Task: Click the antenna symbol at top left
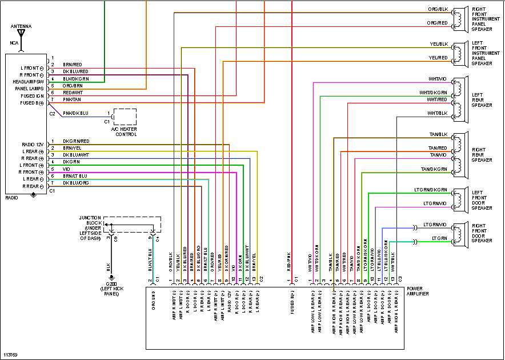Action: point(22,34)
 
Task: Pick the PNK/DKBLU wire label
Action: point(75,113)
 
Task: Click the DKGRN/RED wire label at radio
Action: point(75,141)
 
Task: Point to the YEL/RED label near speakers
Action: point(438,57)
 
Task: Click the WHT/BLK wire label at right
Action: point(437,113)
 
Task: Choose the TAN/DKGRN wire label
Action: point(434,169)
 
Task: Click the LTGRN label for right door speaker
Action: point(439,238)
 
